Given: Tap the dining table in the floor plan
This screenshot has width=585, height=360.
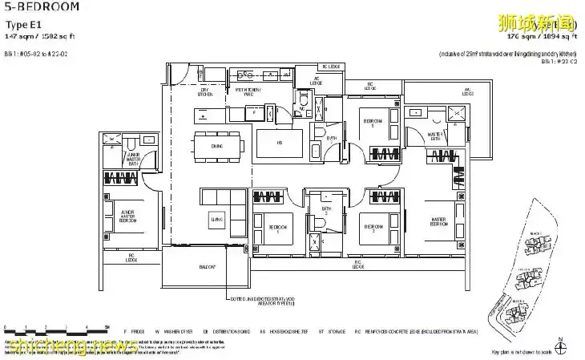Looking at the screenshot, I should coord(218,147).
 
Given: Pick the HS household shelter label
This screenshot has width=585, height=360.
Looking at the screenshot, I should coord(279,145).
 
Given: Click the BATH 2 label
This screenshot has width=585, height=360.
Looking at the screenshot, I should coord(326,212).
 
